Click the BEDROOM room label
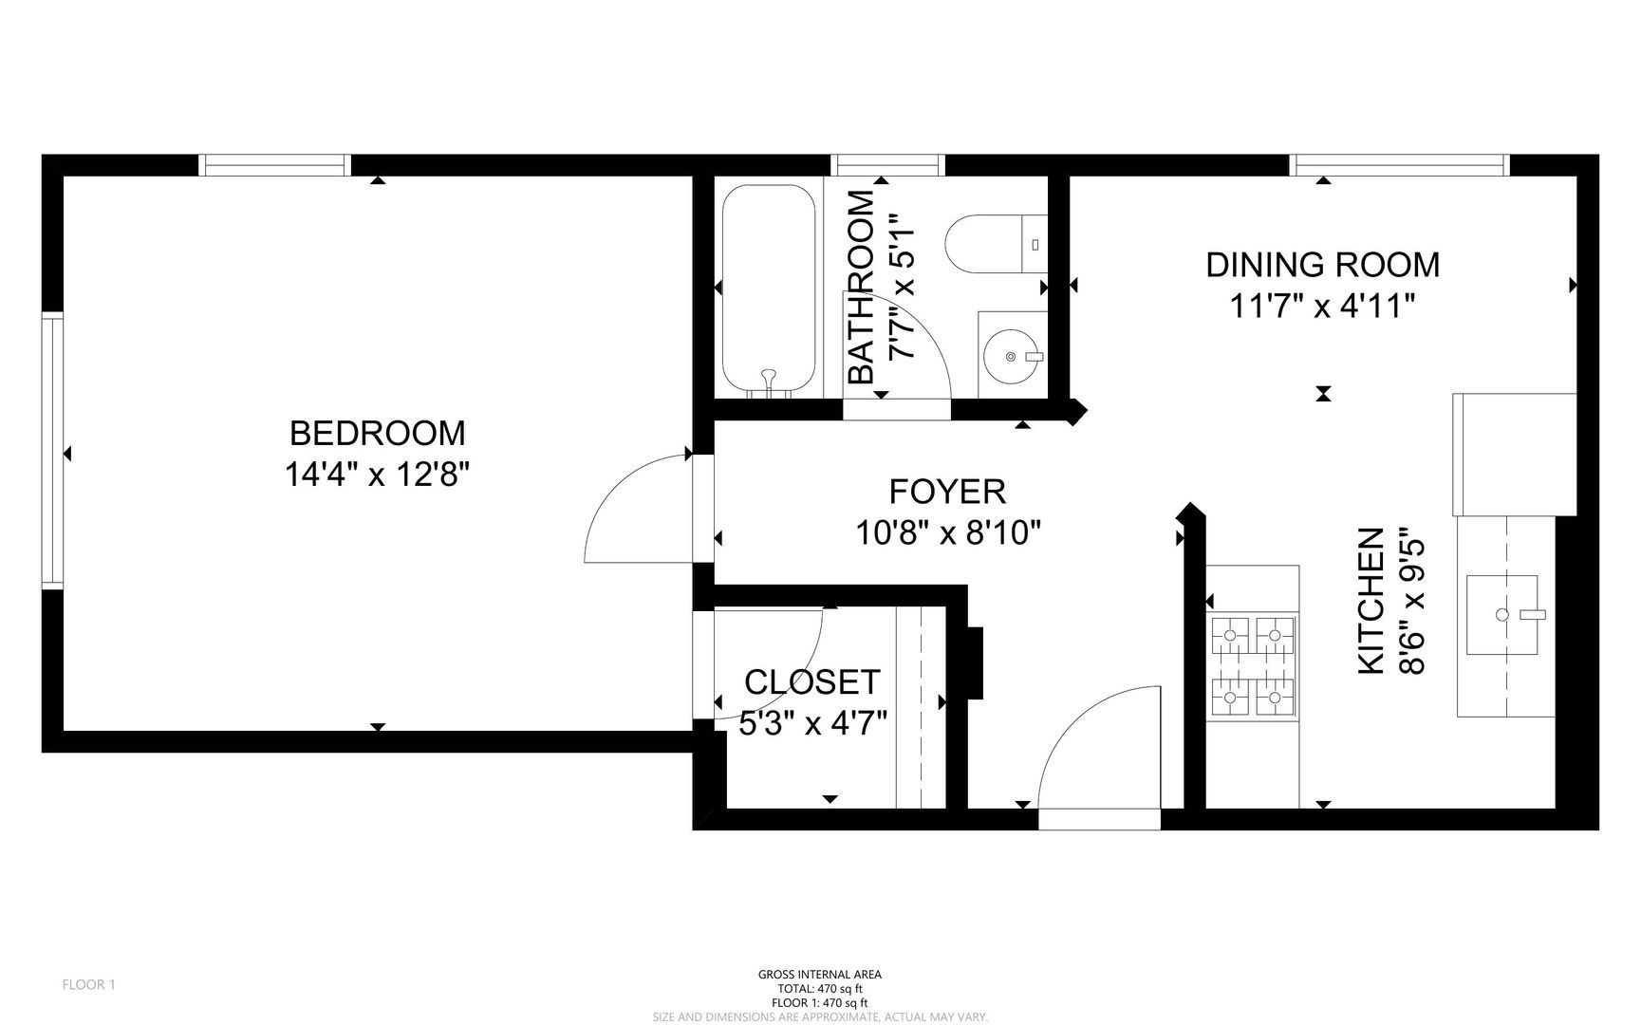(377, 433)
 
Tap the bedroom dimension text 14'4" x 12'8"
(378, 474)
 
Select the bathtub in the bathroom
(769, 289)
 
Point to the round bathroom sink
(1012, 356)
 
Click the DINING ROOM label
(1322, 265)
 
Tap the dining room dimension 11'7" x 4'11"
(1322, 306)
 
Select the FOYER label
(947, 492)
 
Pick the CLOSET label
(812, 681)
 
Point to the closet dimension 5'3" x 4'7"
(813, 724)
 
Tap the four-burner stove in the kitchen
(1253, 665)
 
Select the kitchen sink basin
(1502, 614)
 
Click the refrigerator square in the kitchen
(1514, 455)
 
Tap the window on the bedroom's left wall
(52, 452)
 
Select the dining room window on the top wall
(1400, 165)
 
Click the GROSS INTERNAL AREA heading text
(820, 975)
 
